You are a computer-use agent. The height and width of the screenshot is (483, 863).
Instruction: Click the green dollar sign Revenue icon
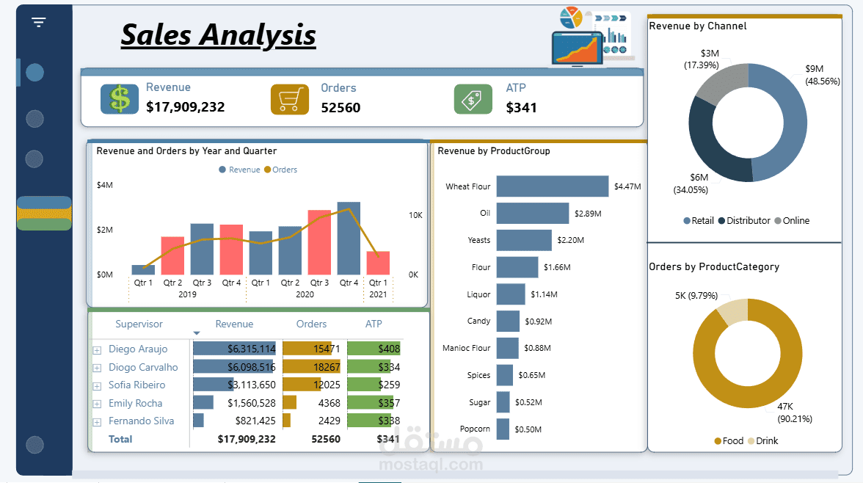point(120,99)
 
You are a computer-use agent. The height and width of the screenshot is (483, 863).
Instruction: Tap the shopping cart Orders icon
point(289,99)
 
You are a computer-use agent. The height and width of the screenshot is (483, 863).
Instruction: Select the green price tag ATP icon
point(473,99)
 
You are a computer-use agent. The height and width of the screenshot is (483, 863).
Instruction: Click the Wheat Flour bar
point(553,186)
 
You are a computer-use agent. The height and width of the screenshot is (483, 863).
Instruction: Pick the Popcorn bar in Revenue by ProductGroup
point(503,429)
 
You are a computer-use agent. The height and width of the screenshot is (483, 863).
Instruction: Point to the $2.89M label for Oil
point(587,214)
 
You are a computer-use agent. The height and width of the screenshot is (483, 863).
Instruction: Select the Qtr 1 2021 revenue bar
point(378,263)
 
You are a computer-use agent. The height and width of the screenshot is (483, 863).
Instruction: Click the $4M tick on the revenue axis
point(105,185)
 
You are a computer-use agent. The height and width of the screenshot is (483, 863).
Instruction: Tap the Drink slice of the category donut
point(732,312)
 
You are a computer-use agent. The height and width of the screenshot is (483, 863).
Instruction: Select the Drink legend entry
point(766,441)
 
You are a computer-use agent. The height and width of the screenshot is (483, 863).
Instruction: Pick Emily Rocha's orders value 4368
point(329,403)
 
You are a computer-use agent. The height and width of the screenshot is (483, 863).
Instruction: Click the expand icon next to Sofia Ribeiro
point(97,385)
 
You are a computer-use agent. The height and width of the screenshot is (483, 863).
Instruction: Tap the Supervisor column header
point(139,324)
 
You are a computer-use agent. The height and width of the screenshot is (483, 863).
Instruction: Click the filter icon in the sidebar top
point(39,22)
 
